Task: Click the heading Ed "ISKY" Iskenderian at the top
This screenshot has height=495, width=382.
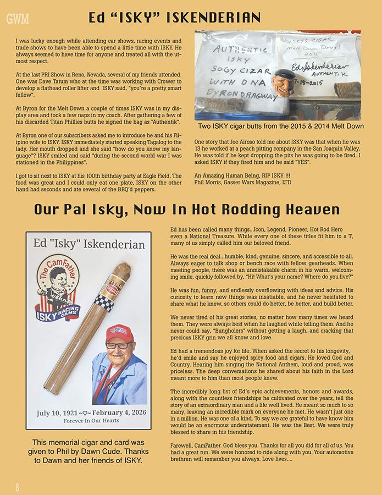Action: click(x=174, y=18)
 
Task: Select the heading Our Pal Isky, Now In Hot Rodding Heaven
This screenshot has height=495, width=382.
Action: click(x=186, y=210)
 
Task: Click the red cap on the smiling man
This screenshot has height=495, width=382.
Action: click(x=119, y=333)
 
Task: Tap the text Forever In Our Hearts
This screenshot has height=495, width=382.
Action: click(x=88, y=422)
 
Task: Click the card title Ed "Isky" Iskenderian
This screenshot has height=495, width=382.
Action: click(x=89, y=244)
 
